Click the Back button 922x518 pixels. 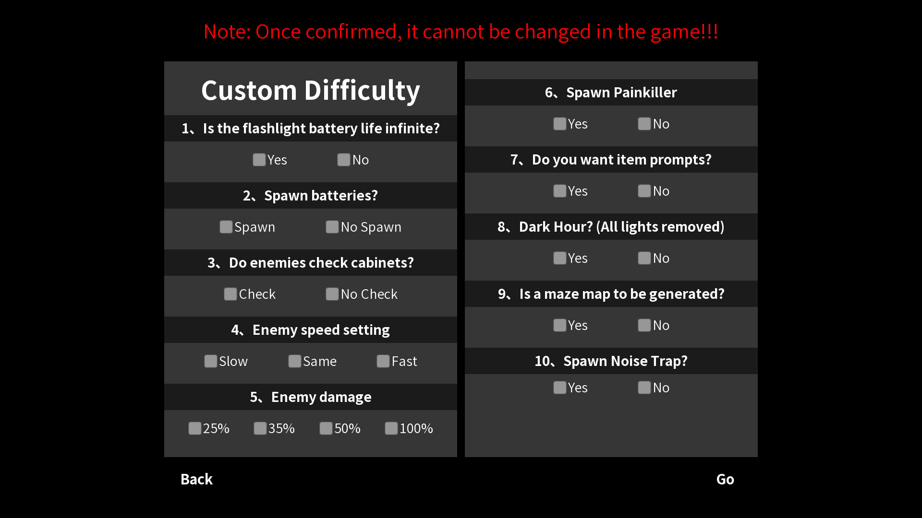tap(196, 479)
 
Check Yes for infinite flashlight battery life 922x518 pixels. tap(259, 160)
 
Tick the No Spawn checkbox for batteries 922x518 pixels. tap(332, 227)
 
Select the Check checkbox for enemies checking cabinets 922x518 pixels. tap(230, 294)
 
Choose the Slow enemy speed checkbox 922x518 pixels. tap(211, 361)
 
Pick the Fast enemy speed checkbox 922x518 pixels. tap(383, 361)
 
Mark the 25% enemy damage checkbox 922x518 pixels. tap(195, 428)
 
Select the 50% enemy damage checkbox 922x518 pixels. tap(326, 428)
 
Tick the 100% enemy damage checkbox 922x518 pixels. tap(391, 428)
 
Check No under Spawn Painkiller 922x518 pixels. tap(644, 124)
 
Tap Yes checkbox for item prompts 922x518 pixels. tap(560, 191)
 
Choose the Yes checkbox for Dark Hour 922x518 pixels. tap(560, 258)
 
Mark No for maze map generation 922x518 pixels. tap(644, 325)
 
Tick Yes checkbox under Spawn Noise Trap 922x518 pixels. tap(560, 388)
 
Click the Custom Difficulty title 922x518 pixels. tap(311, 91)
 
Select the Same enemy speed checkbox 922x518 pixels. tap(295, 361)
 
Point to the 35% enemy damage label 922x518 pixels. tap(281, 428)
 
